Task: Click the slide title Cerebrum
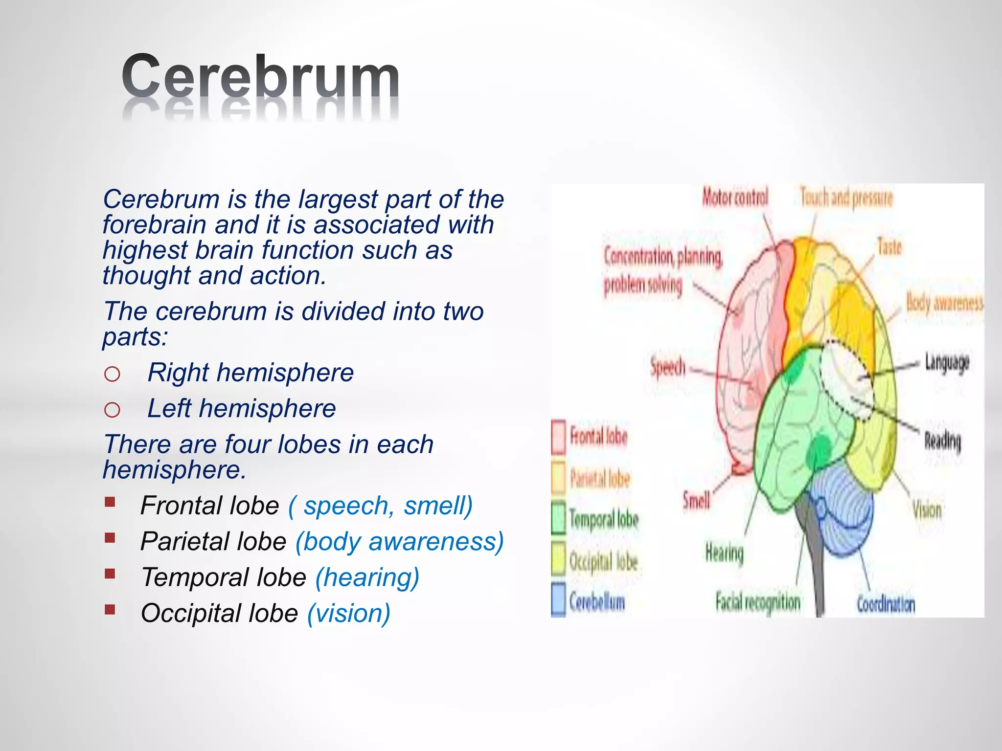[x=260, y=77]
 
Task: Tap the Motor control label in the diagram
[x=735, y=198]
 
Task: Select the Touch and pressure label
[x=846, y=198]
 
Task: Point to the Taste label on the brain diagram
[x=889, y=246]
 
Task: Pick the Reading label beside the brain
[x=942, y=441]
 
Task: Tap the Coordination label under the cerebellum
[x=886, y=604]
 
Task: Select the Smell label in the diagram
[x=696, y=500]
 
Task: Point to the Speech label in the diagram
[x=668, y=367]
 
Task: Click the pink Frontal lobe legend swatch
[x=559, y=437]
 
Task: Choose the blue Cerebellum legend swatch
[x=559, y=599]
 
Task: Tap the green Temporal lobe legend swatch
[x=559, y=518]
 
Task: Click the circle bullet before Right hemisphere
[x=112, y=374]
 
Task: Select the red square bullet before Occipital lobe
[x=110, y=609]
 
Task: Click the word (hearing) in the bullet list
[x=367, y=577]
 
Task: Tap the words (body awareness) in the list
[x=399, y=542]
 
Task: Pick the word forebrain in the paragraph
[x=154, y=225]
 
